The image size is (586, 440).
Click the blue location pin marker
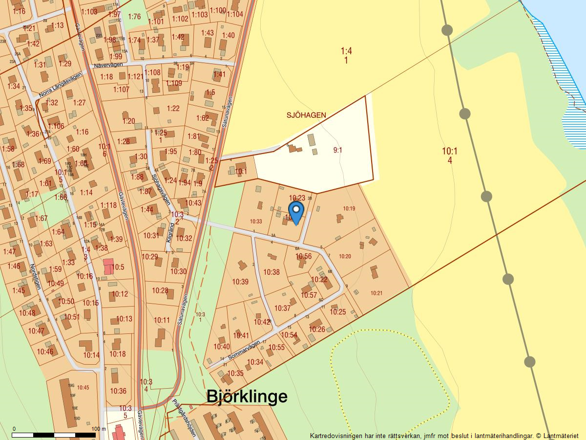coord(296,212)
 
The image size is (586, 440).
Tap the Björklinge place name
coord(247,396)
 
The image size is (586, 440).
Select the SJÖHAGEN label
coord(306,115)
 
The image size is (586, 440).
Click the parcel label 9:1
coord(337,150)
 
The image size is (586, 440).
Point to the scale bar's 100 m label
coord(98,429)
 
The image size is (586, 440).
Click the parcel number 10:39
coord(240,282)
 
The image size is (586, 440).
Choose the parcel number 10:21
coord(376,293)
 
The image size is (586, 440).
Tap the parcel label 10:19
coord(349,209)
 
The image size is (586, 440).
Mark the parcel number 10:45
coord(83,387)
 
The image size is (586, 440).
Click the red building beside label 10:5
coord(107,266)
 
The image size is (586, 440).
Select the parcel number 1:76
coord(134,17)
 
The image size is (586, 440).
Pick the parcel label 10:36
coord(118,391)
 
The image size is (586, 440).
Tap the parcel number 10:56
coord(303,256)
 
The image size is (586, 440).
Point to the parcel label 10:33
coord(255,221)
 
